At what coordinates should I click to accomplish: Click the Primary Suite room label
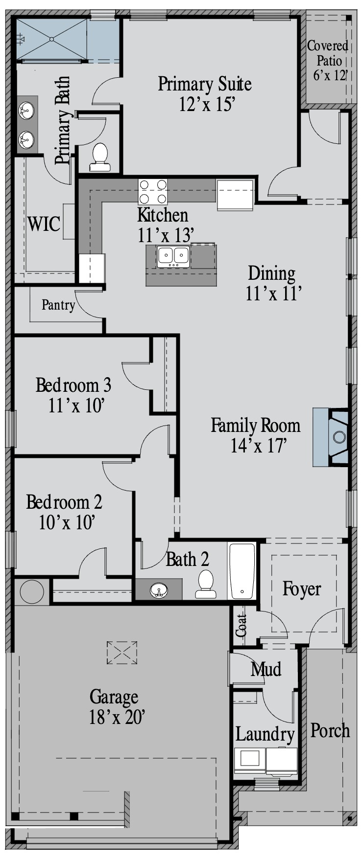pos(205,84)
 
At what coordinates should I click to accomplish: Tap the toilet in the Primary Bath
pos(100,157)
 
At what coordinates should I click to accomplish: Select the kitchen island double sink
pos(173,257)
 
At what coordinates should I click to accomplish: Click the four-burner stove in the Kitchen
pos(153,192)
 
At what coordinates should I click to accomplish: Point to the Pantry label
pos(58,305)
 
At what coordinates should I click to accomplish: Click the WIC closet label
pos(44,224)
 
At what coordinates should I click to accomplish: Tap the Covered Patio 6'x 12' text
pos(328,60)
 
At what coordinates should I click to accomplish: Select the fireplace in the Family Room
pos(331,437)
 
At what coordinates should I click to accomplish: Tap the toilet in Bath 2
pos(205,584)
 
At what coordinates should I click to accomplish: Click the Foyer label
pos(302,588)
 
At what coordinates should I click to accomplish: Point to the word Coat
pos(241,625)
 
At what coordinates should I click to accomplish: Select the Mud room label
pos(266,669)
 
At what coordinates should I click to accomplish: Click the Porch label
pos(330,730)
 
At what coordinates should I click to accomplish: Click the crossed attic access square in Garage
pos(122,653)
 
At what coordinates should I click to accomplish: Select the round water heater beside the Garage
pos(32,591)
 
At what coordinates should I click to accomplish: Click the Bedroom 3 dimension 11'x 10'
pos(77,406)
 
